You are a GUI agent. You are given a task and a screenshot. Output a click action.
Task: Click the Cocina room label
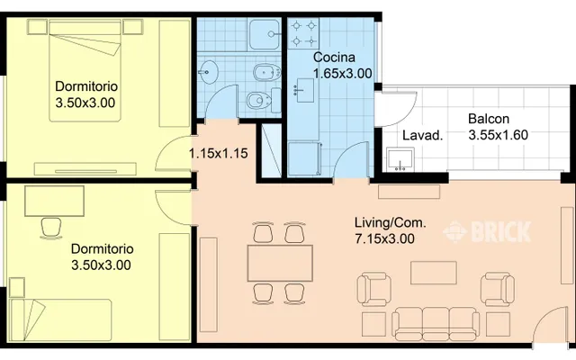coord(334,58)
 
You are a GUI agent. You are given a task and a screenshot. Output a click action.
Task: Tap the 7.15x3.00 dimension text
coord(384,238)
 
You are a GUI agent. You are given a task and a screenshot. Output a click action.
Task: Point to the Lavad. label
coord(422,136)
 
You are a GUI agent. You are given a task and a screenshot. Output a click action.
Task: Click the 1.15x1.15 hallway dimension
coord(218,153)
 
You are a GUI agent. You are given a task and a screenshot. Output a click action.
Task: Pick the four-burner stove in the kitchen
coord(303,34)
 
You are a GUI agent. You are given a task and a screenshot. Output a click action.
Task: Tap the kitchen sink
coord(303,90)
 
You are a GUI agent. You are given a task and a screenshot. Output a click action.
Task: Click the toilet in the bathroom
coord(263,100)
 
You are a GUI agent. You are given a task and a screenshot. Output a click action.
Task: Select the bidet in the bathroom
coord(266,72)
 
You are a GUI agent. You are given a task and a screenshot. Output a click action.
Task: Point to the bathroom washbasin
coord(209,71)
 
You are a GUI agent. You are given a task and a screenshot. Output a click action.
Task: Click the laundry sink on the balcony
coord(400,159)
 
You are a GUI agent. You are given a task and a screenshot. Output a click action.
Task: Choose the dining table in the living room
coord(280,263)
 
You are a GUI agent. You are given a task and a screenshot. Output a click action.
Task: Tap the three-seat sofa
coord(436,322)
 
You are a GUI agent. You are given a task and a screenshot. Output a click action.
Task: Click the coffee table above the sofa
coord(434,273)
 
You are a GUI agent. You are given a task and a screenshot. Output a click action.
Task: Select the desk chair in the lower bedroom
coord(51,228)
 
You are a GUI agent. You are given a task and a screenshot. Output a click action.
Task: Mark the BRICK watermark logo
coord(487,232)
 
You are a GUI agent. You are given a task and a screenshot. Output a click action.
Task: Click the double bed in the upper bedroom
coord(85,71)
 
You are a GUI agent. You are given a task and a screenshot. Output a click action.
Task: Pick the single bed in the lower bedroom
coord(60,319)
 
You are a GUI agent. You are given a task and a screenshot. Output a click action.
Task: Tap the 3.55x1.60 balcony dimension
coord(498,135)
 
